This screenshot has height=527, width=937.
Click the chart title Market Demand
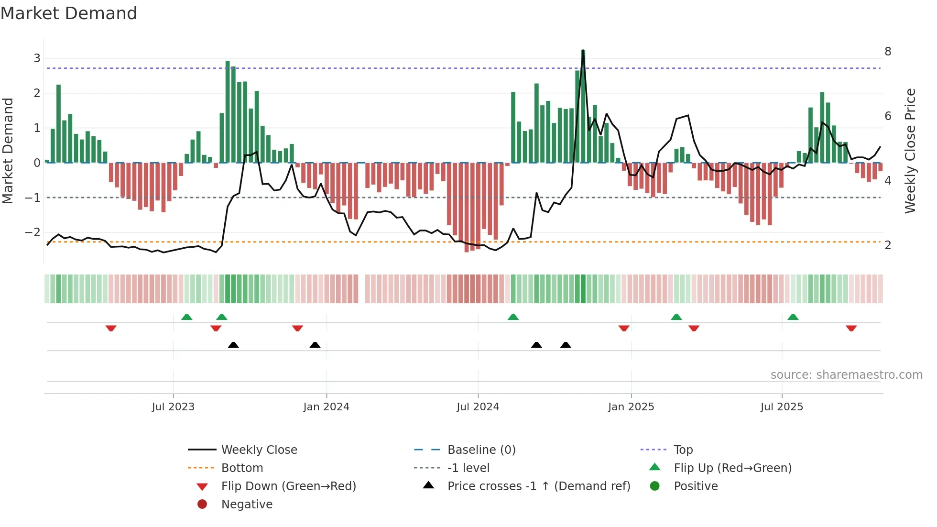pyautogui.click(x=69, y=13)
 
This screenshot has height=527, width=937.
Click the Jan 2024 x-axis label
pyautogui.click(x=326, y=407)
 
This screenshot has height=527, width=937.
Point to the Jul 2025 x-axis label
pyautogui.click(x=782, y=407)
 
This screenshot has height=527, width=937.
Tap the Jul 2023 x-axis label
pyautogui.click(x=173, y=407)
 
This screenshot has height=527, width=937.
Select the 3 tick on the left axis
pyautogui.click(x=37, y=58)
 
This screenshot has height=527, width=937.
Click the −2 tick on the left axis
pyautogui.click(x=33, y=232)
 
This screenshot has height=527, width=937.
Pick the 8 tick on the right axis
pyautogui.click(x=888, y=52)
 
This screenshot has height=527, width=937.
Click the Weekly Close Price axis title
pyautogui.click(x=910, y=151)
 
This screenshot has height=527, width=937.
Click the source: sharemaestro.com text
pyautogui.click(x=846, y=374)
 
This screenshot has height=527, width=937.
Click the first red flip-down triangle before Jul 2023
pyautogui.click(x=111, y=328)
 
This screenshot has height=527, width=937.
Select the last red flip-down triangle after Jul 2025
pyautogui.click(x=851, y=328)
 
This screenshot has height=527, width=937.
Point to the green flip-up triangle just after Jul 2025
pyautogui.click(x=793, y=317)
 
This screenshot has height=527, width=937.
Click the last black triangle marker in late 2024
pyautogui.click(x=566, y=345)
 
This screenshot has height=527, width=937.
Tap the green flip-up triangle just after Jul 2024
pyautogui.click(x=513, y=317)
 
